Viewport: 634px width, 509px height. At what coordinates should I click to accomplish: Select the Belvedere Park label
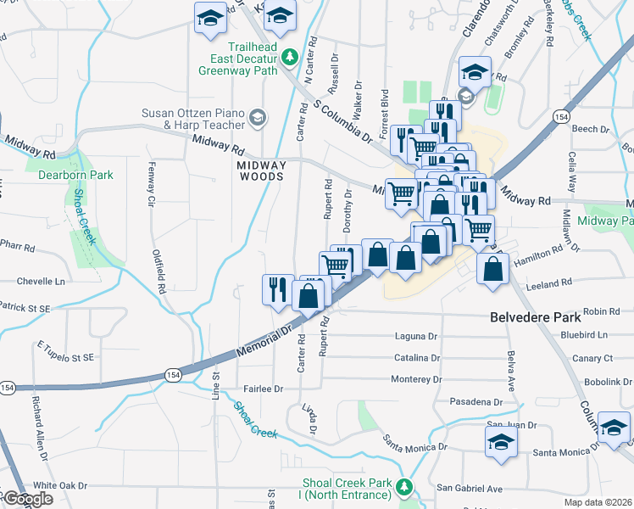[536, 317]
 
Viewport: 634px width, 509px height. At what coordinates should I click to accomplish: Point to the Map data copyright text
[599, 502]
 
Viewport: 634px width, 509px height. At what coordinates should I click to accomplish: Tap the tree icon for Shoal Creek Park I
[405, 486]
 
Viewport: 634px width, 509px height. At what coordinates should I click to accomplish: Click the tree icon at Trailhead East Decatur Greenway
[290, 57]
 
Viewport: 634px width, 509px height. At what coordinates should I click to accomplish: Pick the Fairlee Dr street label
[263, 389]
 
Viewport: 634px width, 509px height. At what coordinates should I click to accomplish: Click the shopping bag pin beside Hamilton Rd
[492, 267]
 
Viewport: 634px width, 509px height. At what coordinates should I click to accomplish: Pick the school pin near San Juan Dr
[501, 441]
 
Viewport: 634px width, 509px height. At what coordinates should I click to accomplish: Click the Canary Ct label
[592, 358]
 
